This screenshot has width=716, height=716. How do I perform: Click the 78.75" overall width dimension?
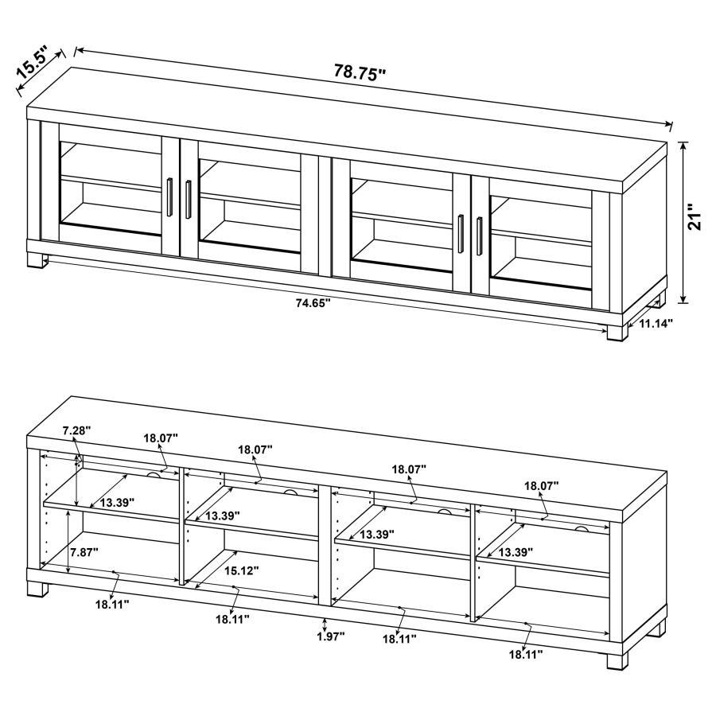pyautogui.click(x=360, y=72)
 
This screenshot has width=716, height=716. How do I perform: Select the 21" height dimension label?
pyautogui.click(x=695, y=217)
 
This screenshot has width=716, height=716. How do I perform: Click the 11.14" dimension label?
pyautogui.click(x=655, y=323)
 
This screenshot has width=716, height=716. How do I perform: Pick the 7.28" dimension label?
pyautogui.click(x=76, y=430)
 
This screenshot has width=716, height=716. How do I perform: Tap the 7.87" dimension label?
pyautogui.click(x=84, y=552)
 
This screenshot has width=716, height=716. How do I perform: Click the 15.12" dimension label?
pyautogui.click(x=240, y=570)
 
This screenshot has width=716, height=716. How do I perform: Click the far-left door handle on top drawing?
pyautogui.click(x=170, y=197)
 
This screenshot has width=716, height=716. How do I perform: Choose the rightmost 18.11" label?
pyautogui.click(x=526, y=654)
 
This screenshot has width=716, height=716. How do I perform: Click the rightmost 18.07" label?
pyautogui.click(x=541, y=485)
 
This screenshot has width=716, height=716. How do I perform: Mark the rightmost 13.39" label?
pyautogui.click(x=516, y=551)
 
